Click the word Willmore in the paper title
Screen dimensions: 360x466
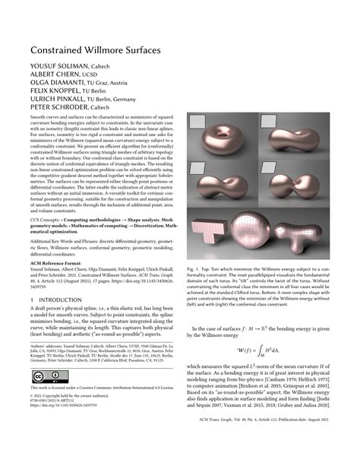98,49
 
